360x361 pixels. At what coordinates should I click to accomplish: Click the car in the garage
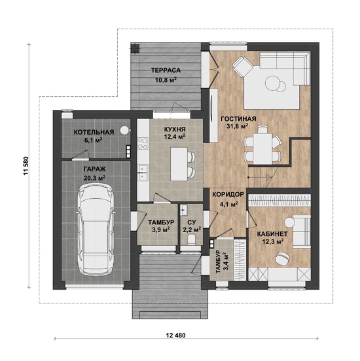(x=96, y=230)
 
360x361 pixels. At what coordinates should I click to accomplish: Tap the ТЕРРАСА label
(x=166, y=71)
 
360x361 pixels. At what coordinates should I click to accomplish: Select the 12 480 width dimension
(x=175, y=335)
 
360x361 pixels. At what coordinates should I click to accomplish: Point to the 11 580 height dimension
(x=26, y=166)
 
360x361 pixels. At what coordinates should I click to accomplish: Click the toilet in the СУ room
(x=191, y=239)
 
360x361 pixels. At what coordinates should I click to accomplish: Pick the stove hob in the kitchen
(x=143, y=143)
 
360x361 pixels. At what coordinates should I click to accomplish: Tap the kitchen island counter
(x=179, y=164)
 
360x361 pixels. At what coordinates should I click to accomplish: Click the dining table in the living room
(x=262, y=148)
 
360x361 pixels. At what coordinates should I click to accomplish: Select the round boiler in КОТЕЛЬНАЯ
(x=124, y=130)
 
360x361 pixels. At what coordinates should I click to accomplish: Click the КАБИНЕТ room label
(x=272, y=234)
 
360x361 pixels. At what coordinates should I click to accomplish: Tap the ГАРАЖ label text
(x=94, y=169)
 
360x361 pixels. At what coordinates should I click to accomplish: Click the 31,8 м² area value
(x=238, y=126)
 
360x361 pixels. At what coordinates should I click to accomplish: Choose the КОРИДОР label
(x=228, y=194)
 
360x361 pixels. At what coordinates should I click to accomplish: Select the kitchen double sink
(x=143, y=173)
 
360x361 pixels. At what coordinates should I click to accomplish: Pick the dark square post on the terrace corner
(x=135, y=48)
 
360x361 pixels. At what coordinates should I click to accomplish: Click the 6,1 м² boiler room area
(x=94, y=140)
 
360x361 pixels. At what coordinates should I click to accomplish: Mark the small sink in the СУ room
(x=183, y=210)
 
